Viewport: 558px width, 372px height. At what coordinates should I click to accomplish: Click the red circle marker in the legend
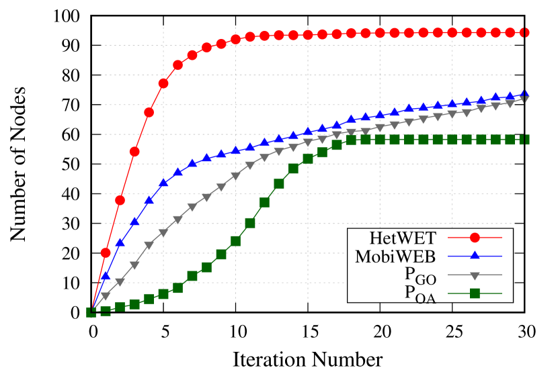pyautogui.click(x=475, y=237)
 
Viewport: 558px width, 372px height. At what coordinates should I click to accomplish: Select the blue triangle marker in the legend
pyautogui.click(x=475, y=256)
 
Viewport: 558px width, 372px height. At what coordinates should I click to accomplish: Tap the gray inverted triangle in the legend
pyautogui.click(x=475, y=275)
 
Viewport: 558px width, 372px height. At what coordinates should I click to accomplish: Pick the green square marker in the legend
pyautogui.click(x=475, y=293)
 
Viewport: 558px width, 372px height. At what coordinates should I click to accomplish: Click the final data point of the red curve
pyautogui.click(x=524, y=33)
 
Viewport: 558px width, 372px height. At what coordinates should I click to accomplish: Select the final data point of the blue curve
pyautogui.click(x=524, y=95)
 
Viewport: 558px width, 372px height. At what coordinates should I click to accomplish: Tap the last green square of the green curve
pyautogui.click(x=524, y=140)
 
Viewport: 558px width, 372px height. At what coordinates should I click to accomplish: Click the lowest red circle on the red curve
pyautogui.click(x=106, y=252)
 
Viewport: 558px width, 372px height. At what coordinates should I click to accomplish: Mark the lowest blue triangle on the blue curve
pyautogui.click(x=106, y=276)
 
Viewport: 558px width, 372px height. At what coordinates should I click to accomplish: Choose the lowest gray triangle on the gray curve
pyautogui.click(x=106, y=295)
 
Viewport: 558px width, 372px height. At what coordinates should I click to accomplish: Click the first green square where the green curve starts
pyautogui.click(x=91, y=312)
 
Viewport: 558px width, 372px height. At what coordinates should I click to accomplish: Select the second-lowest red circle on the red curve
pyautogui.click(x=120, y=200)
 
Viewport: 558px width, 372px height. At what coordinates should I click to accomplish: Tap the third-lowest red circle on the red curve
pyautogui.click(x=134, y=152)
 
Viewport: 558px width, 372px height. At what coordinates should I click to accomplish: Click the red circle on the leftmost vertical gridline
pyautogui.click(x=163, y=83)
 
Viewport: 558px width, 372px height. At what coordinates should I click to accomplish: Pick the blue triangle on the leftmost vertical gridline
pyautogui.click(x=163, y=183)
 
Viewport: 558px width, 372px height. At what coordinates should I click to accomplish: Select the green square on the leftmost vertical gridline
pyautogui.click(x=163, y=294)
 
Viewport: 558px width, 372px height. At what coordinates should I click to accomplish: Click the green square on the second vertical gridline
pyautogui.click(x=235, y=241)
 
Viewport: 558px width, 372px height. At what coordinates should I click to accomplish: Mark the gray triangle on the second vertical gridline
pyautogui.click(x=235, y=176)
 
